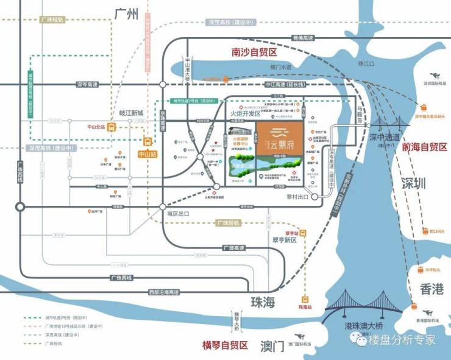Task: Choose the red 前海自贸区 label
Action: [x=424, y=147]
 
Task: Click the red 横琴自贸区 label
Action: [x=225, y=345]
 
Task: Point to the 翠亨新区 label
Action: [x=283, y=240]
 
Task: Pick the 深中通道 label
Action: [x=386, y=137]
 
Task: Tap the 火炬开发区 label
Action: [x=245, y=113]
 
